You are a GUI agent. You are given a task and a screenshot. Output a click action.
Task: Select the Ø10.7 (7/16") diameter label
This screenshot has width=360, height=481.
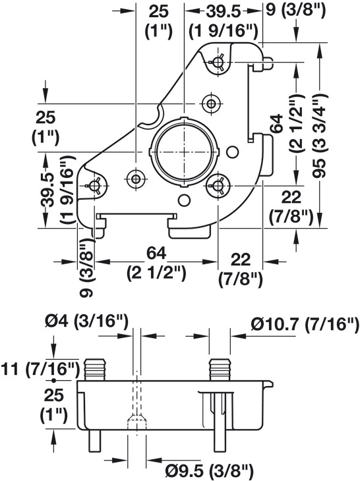coord(305,324)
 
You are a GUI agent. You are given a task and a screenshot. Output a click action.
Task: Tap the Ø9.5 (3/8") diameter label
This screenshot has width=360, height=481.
coord(209,470)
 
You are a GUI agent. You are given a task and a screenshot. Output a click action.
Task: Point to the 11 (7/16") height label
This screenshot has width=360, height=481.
coord(40,370)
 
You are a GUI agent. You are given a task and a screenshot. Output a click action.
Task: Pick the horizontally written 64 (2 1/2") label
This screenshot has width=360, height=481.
coord(156,263)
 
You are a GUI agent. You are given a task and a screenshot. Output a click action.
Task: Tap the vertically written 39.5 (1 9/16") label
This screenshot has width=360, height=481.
coord(57,190)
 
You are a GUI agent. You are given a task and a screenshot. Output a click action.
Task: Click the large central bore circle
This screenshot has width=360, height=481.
coord(184,152)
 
